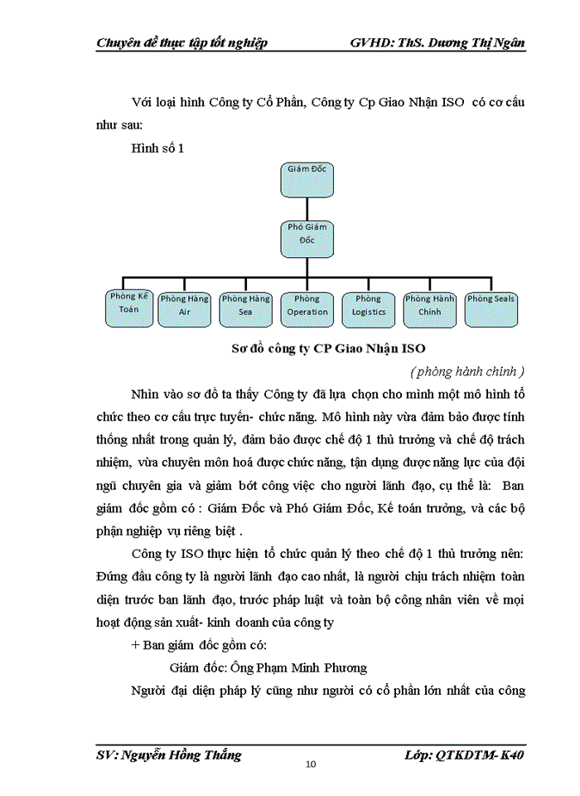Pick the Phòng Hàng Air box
pyautogui.click(x=185, y=308)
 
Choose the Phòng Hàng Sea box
pyautogui.click(x=246, y=308)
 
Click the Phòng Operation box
pyautogui.click(x=307, y=308)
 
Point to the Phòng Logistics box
pyautogui.click(x=369, y=308)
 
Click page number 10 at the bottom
pyautogui.click(x=311, y=764)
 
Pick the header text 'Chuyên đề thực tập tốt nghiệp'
pyautogui.click(x=182, y=43)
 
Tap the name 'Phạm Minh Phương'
pyautogui.click(x=319, y=667)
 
